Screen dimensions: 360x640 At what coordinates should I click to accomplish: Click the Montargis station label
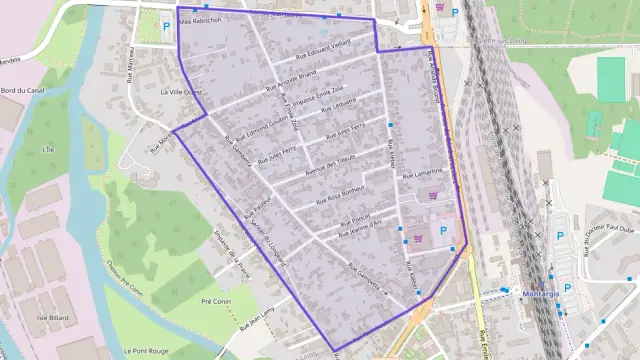(546, 295)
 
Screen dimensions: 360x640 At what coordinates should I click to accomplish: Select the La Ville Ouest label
(182, 91)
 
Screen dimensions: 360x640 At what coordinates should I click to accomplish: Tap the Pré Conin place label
(216, 300)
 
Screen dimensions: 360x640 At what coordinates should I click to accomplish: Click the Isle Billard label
(52, 318)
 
